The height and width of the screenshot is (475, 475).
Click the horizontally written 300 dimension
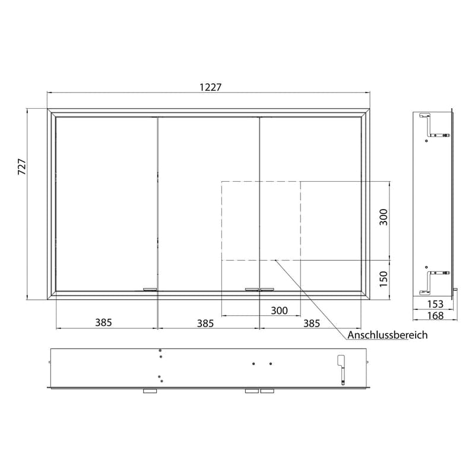[278, 310]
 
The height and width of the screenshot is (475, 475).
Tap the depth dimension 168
[435, 315]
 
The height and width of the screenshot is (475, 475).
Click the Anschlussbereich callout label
[388, 335]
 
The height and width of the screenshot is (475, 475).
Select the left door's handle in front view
[149, 289]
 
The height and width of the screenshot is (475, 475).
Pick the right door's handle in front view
[267, 289]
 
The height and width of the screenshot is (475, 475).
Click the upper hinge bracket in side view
[427, 124]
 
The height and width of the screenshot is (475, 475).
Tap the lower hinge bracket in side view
[427, 281]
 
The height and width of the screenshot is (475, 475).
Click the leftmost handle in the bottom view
[149, 391]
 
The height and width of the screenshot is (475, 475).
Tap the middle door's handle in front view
[252, 289]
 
